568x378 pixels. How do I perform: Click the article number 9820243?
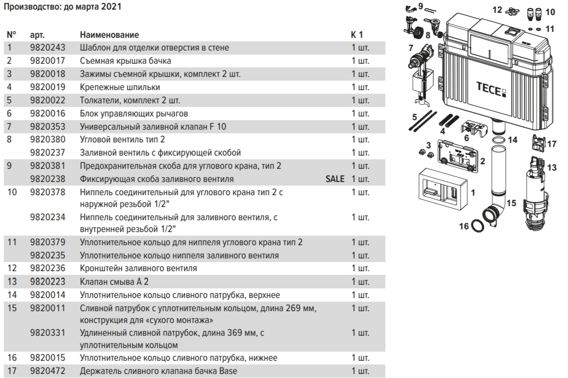click(48, 48)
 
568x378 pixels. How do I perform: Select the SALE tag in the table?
click(335, 179)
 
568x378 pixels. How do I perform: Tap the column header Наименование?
click(109, 35)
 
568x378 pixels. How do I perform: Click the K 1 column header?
click(357, 35)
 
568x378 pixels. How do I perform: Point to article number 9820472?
click(48, 371)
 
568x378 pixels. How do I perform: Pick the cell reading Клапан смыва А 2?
click(114, 282)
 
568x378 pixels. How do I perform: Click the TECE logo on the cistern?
click(491, 89)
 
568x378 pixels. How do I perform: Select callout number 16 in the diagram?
click(464, 226)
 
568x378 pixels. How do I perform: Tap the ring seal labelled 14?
click(499, 140)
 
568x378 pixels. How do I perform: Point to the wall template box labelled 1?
click(443, 189)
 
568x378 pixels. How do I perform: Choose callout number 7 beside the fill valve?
click(411, 48)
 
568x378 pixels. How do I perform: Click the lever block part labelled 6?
click(474, 129)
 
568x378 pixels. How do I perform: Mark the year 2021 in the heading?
click(111, 7)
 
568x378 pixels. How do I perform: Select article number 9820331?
click(48, 333)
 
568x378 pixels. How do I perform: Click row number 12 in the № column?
click(12, 268)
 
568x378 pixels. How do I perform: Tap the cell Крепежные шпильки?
click(120, 87)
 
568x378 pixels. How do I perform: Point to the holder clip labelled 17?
click(538, 143)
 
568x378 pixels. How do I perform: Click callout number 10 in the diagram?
click(550, 12)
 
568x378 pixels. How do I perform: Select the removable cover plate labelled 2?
click(457, 156)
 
